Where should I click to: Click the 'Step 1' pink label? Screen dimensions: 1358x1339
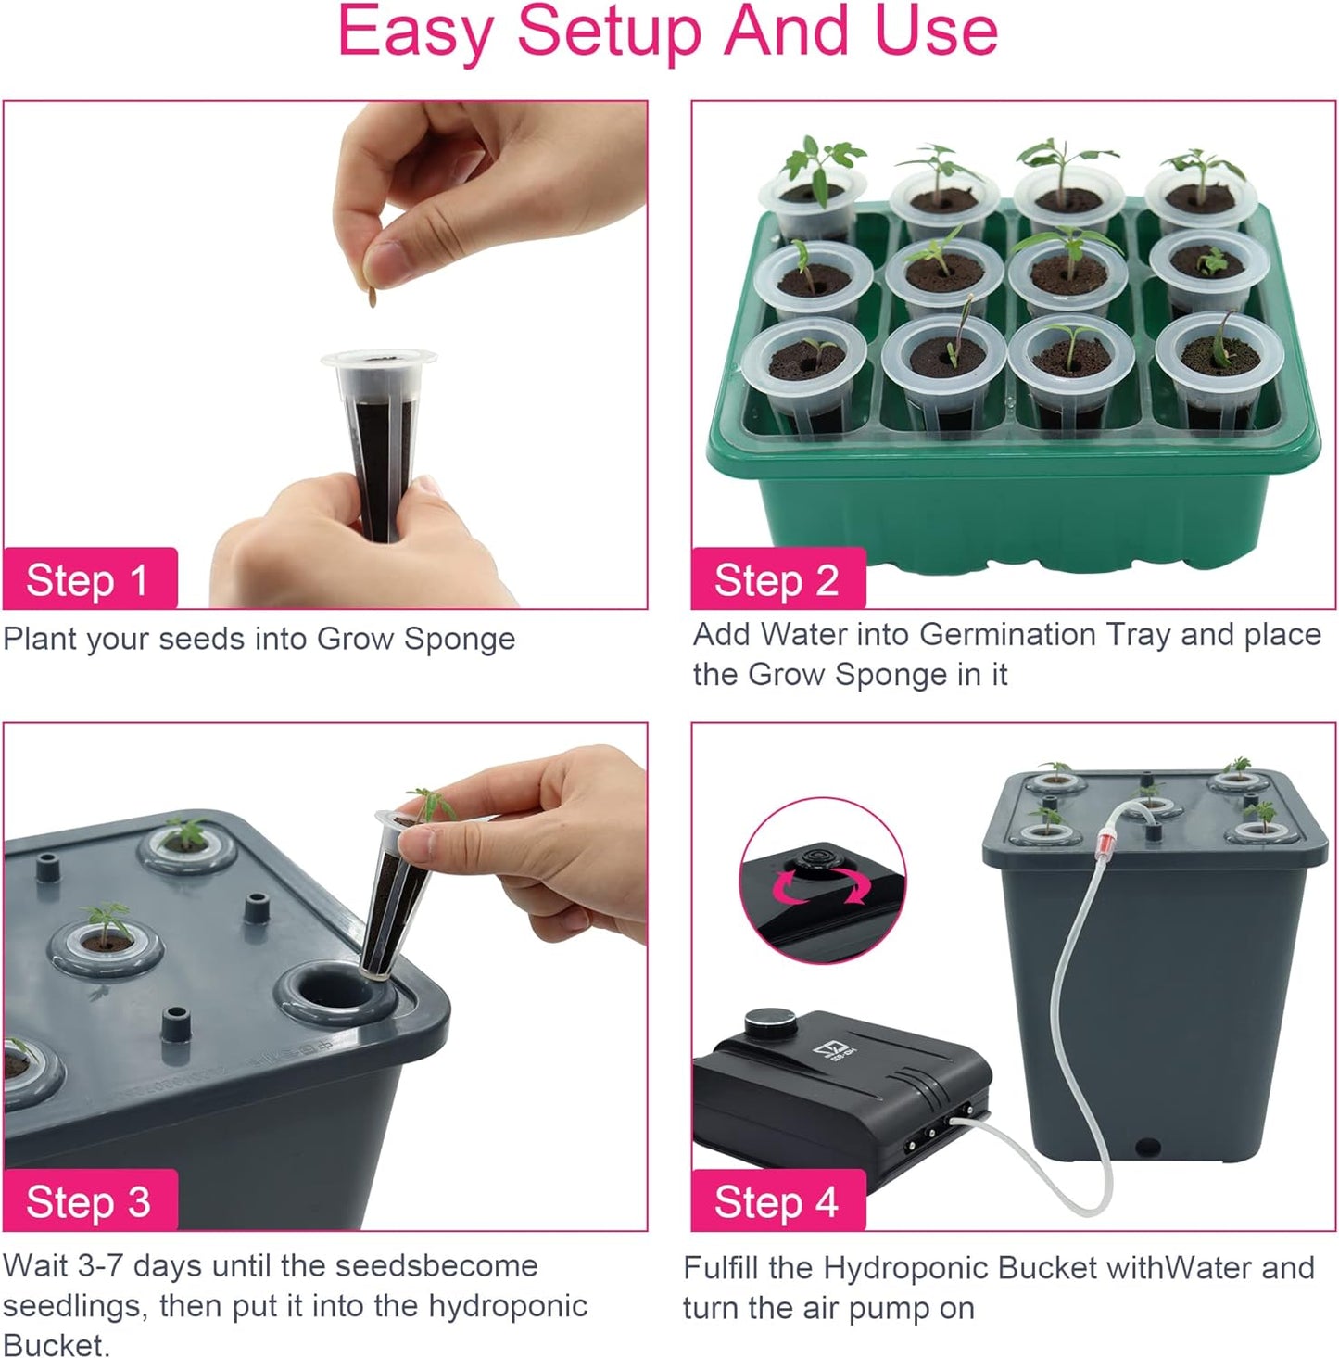(x=88, y=580)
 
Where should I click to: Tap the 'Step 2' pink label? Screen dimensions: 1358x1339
(x=777, y=580)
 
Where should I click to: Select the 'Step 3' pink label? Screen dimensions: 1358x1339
(x=88, y=1201)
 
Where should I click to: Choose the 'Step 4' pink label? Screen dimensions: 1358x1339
(x=777, y=1201)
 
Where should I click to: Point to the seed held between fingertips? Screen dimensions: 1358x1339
(x=373, y=296)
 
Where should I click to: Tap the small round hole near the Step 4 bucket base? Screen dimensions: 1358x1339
(x=1148, y=1148)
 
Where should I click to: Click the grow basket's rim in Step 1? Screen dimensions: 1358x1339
(x=378, y=357)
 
